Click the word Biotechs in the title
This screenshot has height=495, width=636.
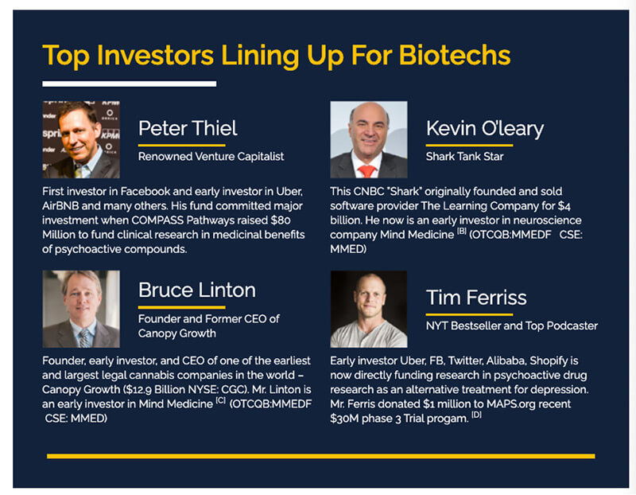point(454,55)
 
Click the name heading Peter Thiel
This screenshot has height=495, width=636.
point(188,128)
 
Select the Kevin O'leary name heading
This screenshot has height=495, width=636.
point(485,129)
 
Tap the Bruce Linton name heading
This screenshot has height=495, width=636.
point(197,290)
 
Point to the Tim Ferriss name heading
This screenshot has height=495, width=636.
point(476,298)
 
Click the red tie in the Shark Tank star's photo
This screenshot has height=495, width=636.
point(367,171)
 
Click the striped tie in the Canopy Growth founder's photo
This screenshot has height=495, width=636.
point(84,338)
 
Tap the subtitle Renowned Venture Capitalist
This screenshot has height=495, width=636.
point(211,156)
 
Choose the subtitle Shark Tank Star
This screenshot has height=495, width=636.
point(464,156)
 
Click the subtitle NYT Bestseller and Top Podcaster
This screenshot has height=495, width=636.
point(512,325)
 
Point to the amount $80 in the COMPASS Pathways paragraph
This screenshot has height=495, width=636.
point(281,220)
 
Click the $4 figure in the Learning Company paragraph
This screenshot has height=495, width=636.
point(564,206)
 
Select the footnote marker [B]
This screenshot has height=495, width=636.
point(462,231)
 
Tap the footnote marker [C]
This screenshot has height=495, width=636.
point(221,400)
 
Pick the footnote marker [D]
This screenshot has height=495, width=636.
point(476,415)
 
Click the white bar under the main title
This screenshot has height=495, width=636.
point(130,84)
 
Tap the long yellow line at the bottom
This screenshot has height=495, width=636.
point(321,457)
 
